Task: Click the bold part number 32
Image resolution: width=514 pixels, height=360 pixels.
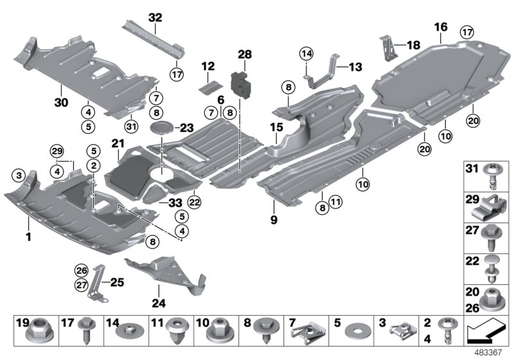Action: (155, 17)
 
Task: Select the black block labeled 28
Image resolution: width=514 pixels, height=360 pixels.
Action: (242, 84)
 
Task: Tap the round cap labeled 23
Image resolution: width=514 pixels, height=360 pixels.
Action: (162, 127)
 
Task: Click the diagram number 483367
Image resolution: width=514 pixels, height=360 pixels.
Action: (488, 352)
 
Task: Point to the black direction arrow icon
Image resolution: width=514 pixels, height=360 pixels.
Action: (484, 333)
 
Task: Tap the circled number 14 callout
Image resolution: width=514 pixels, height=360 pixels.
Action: (306, 53)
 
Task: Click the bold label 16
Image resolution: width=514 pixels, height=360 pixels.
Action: (441, 27)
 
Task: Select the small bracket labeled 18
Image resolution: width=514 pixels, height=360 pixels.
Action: (389, 48)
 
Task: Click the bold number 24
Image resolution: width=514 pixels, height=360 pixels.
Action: (158, 303)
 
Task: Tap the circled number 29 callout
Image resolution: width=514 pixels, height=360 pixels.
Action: (57, 152)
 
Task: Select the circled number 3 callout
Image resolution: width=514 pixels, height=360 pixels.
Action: (19, 175)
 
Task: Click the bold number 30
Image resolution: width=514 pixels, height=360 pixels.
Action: (61, 103)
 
